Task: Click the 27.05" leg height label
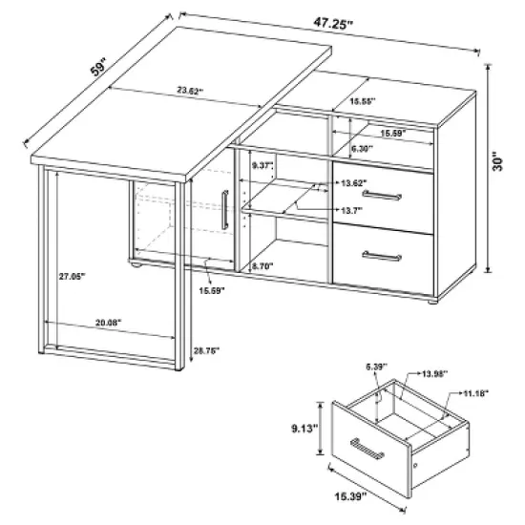pyautogui.click(x=71, y=276)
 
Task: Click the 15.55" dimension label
pyautogui.click(x=362, y=100)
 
